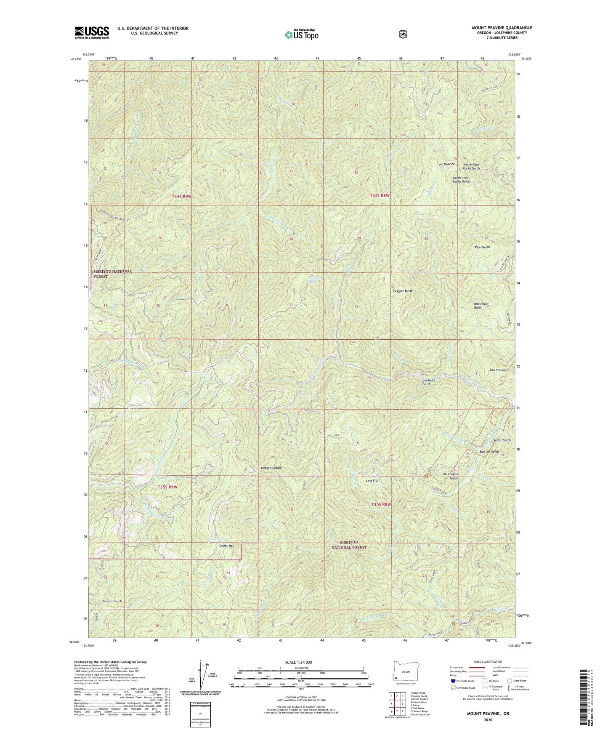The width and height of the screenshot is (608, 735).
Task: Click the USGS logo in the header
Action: click(x=92, y=32)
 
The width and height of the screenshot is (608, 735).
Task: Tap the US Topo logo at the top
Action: click(x=301, y=35)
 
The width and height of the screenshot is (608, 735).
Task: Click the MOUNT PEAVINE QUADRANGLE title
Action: click(x=502, y=28)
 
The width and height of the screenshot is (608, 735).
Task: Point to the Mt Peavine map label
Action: click(x=446, y=164)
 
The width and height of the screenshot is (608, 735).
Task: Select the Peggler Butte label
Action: click(x=403, y=291)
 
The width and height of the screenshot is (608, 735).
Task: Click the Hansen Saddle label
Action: click(x=271, y=468)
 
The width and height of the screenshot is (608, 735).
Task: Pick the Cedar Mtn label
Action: click(x=226, y=546)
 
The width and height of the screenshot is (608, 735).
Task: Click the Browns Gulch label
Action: click(x=112, y=601)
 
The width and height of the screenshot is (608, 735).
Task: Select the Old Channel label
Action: click(x=499, y=370)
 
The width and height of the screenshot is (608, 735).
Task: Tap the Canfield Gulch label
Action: click(x=428, y=382)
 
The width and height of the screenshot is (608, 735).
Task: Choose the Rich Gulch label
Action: click(x=482, y=247)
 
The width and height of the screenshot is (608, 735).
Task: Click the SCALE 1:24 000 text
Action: click(x=298, y=662)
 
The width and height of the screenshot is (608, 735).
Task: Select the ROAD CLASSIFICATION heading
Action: click(x=487, y=662)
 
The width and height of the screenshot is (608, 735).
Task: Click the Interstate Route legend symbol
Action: click(x=453, y=681)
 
